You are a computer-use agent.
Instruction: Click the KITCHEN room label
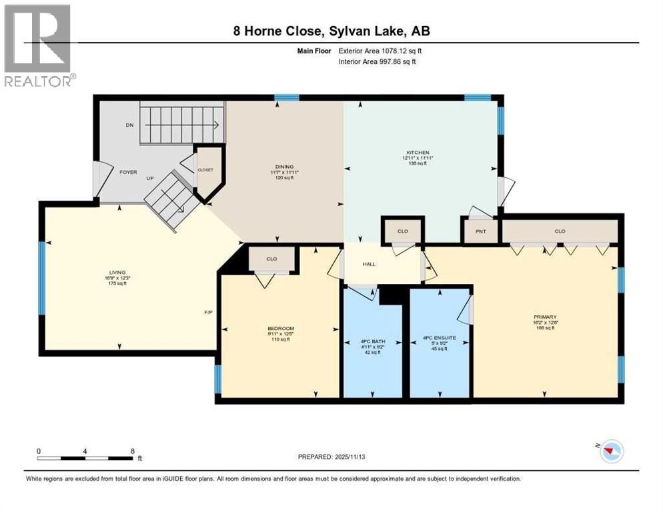tap(418, 152)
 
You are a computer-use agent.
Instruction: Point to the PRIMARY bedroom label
tap(545, 317)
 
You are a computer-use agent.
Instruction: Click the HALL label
tap(369, 264)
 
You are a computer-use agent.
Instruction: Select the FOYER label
tap(128, 172)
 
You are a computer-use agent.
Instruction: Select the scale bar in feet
tap(85, 457)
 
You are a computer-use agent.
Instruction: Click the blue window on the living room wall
tap(41, 277)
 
